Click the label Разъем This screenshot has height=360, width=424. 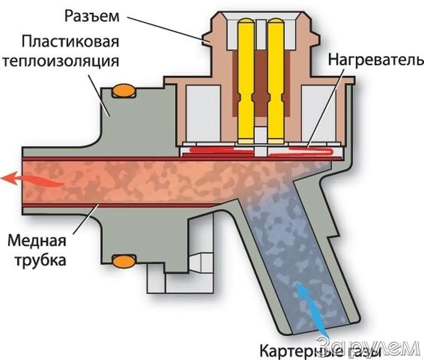92,16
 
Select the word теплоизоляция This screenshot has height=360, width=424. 61,61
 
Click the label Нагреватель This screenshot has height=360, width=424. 375,60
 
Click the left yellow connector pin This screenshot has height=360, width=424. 245,80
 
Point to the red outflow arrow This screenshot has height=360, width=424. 31,179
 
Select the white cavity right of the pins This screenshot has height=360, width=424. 318,113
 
